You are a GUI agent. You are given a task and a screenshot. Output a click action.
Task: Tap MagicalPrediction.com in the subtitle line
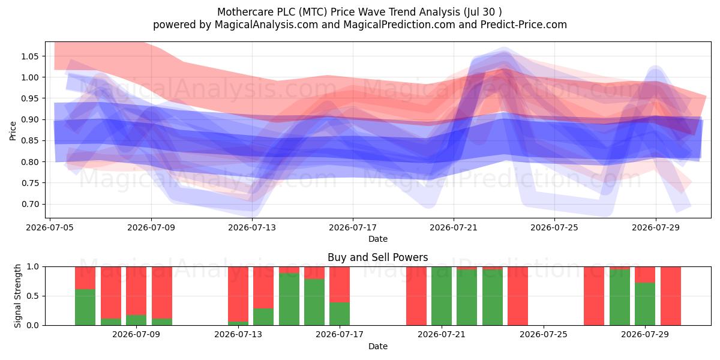click(399, 25)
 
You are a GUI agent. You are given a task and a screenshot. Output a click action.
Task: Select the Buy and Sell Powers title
click(377, 257)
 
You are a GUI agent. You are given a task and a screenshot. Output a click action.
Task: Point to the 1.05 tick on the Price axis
click(29, 56)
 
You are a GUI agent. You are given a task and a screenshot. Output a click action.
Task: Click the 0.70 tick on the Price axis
click(29, 204)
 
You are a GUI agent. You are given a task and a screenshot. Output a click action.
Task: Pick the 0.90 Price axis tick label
click(29, 119)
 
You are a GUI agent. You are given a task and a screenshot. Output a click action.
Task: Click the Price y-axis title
click(13, 131)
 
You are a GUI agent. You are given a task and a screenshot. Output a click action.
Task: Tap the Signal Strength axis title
click(17, 296)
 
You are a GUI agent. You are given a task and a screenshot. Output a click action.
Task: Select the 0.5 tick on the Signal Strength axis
click(32, 296)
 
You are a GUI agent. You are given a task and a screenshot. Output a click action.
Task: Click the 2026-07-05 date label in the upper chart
click(50, 227)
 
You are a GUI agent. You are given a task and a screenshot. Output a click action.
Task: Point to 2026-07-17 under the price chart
click(353, 227)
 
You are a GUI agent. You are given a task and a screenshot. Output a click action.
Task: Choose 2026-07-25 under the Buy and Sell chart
click(544, 334)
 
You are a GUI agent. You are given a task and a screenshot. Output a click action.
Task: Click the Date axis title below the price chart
click(377, 239)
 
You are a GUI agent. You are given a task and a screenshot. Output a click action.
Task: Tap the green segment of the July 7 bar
click(85, 307)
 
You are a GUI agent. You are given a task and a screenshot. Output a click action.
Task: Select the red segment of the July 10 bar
click(162, 293)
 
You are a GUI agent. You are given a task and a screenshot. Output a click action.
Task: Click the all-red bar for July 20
click(416, 296)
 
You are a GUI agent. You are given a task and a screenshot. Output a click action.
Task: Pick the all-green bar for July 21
click(442, 296)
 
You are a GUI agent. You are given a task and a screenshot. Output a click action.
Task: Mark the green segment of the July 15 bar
click(289, 299)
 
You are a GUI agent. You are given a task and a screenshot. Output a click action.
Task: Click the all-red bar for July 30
click(671, 296)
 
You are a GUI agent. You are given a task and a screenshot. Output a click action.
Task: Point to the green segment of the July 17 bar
click(340, 314)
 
